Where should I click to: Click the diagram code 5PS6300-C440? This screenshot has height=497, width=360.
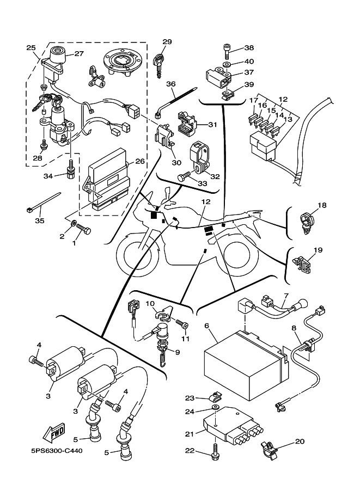tap(54, 451)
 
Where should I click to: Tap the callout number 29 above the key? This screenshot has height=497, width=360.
tap(167, 42)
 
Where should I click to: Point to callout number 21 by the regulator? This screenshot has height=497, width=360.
tap(190, 434)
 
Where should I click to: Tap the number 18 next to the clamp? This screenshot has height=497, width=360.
tap(322, 205)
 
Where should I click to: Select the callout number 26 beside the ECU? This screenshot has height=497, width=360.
tap(139, 161)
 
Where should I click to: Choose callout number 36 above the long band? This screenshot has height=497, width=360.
tap(171, 84)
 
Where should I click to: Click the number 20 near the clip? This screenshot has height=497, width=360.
tap(300, 441)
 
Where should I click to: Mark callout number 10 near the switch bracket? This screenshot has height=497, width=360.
tap(150, 303)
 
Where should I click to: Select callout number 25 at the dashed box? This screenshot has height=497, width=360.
tap(30, 48)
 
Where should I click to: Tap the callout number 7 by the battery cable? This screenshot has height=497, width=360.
tap(284, 296)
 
